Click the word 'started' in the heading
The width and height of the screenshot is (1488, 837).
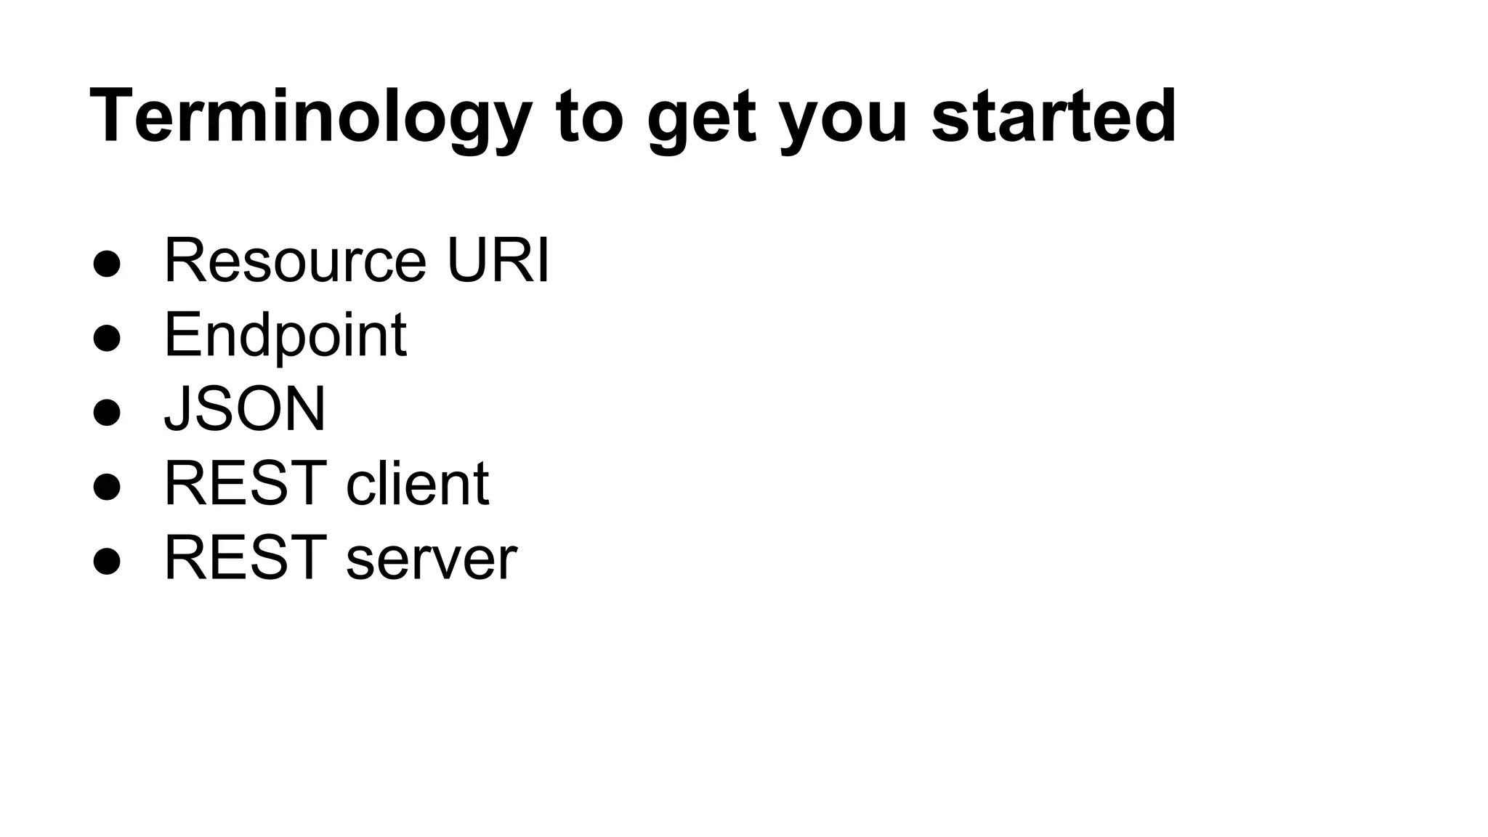pyautogui.click(x=1054, y=116)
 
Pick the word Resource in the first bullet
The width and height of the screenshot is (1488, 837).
pyautogui.click(x=295, y=261)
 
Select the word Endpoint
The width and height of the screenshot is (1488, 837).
pyautogui.click(x=285, y=336)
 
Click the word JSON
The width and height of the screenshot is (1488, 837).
pyautogui.click(x=245, y=409)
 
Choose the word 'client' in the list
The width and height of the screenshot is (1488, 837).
pyautogui.click(x=417, y=484)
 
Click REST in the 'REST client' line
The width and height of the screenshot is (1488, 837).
pyautogui.click(x=246, y=484)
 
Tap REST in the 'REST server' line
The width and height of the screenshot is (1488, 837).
pyautogui.click(x=246, y=559)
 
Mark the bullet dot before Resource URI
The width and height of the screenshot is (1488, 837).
pyautogui.click(x=107, y=264)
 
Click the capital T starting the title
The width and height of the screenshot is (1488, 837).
pyautogui.click(x=110, y=116)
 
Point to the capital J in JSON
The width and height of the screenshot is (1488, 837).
pyautogui.click(x=177, y=410)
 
